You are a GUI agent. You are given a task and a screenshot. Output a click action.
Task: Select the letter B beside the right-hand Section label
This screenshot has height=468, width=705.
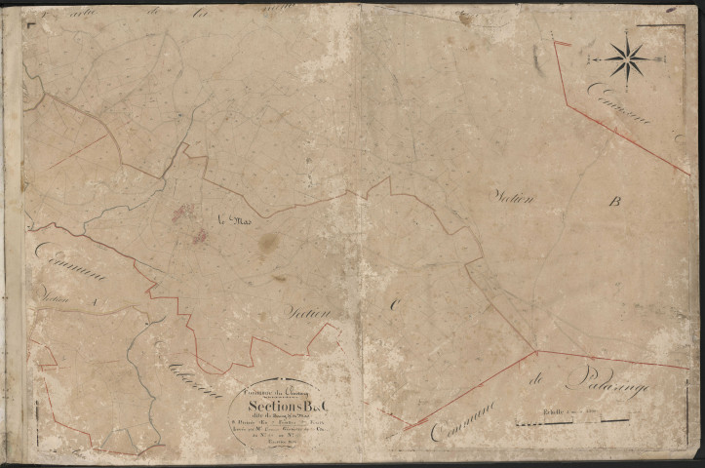614,203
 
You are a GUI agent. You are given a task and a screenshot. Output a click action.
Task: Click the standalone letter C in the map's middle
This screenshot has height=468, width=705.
396,304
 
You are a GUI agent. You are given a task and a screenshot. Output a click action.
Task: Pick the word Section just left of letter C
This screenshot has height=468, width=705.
310,312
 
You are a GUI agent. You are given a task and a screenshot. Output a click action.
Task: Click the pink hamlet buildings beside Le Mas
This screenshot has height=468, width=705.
189,222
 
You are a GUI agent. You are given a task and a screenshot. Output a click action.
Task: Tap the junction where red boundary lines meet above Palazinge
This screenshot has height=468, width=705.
536,351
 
